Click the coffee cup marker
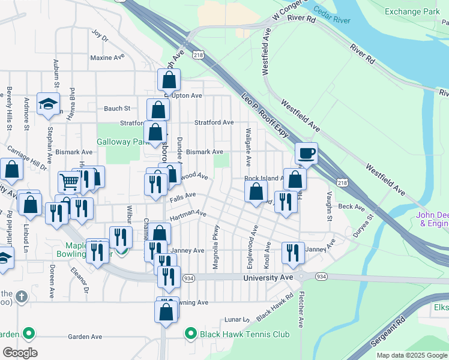pos(306,154)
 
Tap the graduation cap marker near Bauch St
pos(48,104)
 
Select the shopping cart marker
pos(70,182)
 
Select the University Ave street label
pos(268,277)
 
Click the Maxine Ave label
pos(106,58)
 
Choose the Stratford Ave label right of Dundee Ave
pos(214,122)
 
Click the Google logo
pos(20,353)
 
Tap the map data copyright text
pos(412,355)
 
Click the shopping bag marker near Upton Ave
pos(169,80)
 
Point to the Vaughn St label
pos(330,206)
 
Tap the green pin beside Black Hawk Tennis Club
pos(191,333)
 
